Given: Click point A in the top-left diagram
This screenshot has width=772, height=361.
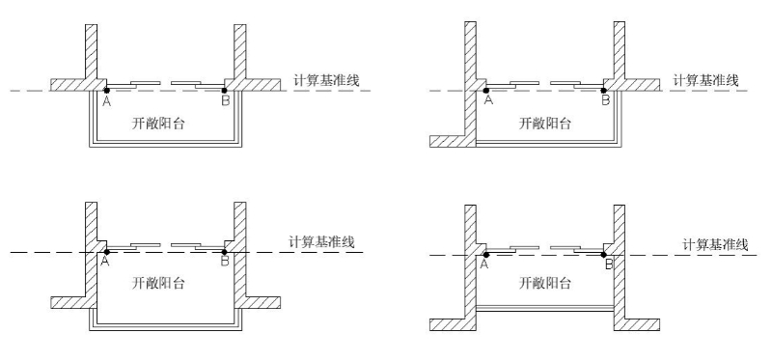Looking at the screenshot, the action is (x=107, y=91).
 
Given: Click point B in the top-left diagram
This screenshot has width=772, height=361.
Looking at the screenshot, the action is (x=225, y=91).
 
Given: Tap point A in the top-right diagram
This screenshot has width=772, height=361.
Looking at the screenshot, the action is (x=486, y=91).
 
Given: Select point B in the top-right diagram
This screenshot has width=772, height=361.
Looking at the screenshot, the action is (x=604, y=91).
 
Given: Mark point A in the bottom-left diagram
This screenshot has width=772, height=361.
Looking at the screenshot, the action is (x=107, y=252).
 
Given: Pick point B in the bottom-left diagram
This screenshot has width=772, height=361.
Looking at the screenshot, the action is (x=225, y=252).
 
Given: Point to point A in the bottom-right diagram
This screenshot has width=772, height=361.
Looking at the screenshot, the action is (x=486, y=255).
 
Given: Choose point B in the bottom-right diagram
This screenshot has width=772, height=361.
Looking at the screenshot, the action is (x=604, y=255).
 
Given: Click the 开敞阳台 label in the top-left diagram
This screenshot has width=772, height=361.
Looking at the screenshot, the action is (x=158, y=124).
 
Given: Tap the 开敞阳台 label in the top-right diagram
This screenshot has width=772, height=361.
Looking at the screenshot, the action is (x=545, y=124).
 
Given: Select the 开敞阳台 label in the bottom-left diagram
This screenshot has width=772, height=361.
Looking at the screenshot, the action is (x=158, y=283).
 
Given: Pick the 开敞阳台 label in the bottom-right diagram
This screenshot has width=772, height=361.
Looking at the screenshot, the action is (x=545, y=283).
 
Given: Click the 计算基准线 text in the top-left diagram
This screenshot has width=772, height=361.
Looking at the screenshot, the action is (x=326, y=80).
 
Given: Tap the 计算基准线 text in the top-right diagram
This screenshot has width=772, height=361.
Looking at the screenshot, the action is (x=706, y=80).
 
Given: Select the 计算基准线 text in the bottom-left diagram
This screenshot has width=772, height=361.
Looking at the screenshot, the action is (x=321, y=242).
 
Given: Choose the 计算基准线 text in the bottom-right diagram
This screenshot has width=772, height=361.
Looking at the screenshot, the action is (x=715, y=244).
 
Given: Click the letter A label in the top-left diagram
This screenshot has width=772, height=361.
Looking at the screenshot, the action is (x=106, y=101).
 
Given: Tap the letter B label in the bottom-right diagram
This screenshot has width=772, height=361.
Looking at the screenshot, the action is (x=609, y=265).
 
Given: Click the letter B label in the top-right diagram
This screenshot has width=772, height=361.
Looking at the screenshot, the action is (x=606, y=100).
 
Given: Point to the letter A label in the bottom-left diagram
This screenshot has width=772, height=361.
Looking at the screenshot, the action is (x=105, y=262).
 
